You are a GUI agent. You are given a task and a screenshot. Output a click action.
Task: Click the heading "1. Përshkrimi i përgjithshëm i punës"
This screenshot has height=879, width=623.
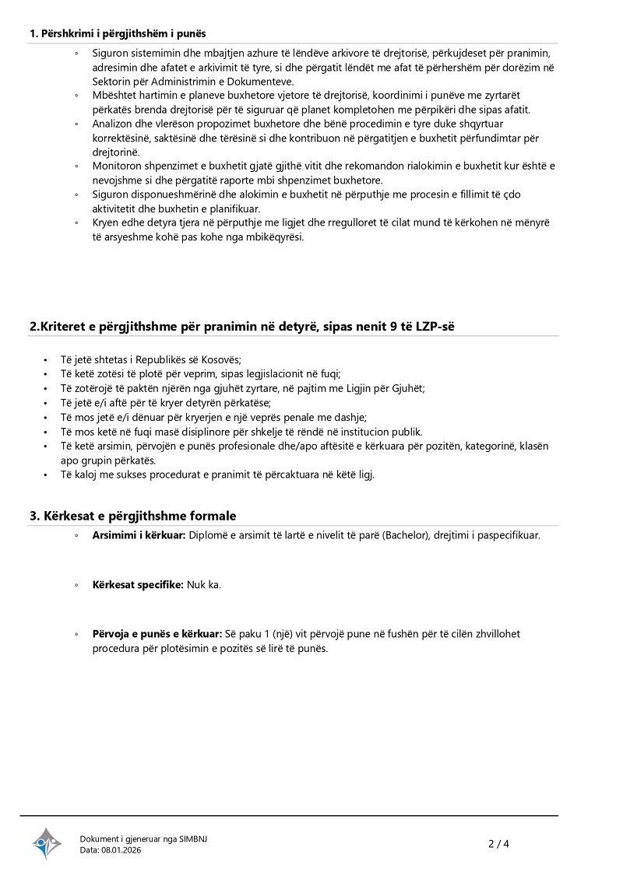(x=118, y=33)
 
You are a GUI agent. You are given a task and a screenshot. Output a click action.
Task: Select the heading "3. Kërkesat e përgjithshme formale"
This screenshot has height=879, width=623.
(x=132, y=516)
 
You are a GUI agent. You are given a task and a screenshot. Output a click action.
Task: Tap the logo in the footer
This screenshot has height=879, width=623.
(x=47, y=843)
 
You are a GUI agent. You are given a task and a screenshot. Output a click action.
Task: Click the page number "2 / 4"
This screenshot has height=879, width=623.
(x=498, y=843)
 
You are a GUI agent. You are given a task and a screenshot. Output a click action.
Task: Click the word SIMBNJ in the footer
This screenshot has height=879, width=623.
(x=193, y=839)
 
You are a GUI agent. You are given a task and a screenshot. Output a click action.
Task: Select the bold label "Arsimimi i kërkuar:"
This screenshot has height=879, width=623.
(x=138, y=536)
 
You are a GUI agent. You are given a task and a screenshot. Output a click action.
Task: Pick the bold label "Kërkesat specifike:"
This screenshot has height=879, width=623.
(x=138, y=584)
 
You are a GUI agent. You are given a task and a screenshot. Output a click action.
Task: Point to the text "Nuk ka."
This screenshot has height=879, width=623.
(x=204, y=584)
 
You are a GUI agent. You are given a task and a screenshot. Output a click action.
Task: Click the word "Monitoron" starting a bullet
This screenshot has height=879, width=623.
(x=118, y=166)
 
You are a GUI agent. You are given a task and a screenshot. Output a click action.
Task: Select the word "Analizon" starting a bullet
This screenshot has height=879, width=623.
(x=114, y=124)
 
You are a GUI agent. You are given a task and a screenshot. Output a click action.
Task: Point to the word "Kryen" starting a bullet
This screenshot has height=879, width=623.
(x=105, y=222)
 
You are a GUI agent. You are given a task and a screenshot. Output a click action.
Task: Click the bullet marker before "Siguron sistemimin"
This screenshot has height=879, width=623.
(x=76, y=54)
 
